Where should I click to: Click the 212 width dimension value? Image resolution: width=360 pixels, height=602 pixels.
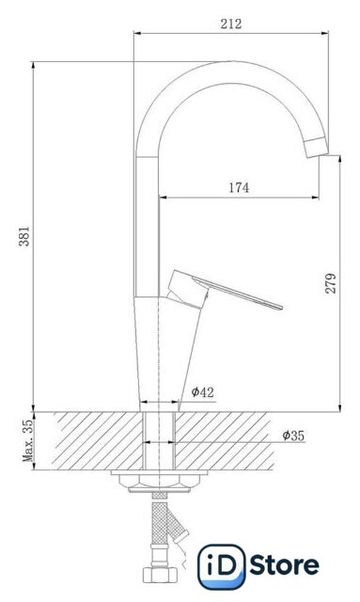231,24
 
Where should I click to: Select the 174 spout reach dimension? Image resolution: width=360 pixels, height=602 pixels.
239,188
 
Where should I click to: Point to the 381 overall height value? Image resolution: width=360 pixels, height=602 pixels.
24,236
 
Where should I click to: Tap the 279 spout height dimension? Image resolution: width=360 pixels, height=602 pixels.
331,283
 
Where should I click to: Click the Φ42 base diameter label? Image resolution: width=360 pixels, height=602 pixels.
203,392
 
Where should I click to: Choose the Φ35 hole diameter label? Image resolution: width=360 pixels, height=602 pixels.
293,436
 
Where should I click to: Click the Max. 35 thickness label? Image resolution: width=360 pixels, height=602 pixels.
28,441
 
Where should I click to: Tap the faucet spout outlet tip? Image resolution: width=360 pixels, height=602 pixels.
317,148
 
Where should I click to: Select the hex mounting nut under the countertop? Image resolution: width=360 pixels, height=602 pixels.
160,482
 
